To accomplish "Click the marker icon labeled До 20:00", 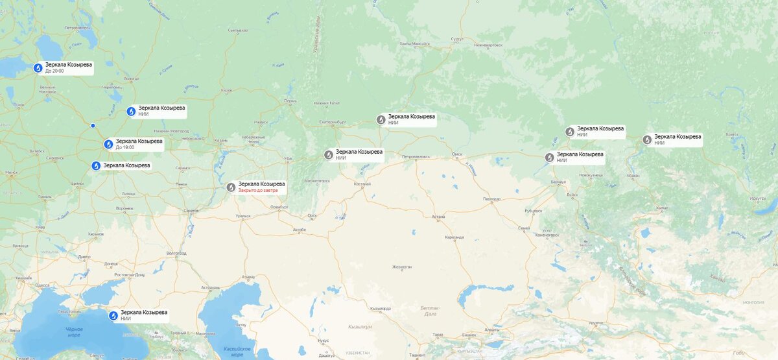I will point(38,67).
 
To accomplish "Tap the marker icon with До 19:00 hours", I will point(109,144).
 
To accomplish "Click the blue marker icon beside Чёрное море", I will point(113,316).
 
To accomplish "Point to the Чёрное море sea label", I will point(73,331).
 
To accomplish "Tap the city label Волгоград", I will point(176,253).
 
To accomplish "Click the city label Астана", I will point(438,217).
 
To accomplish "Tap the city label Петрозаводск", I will point(76,28).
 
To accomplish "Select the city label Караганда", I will point(454,237).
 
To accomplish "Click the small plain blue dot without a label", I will point(93,126).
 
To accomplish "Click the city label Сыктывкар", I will point(238,30).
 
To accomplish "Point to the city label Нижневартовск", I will point(488,45).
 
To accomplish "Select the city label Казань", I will point(221,140).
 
